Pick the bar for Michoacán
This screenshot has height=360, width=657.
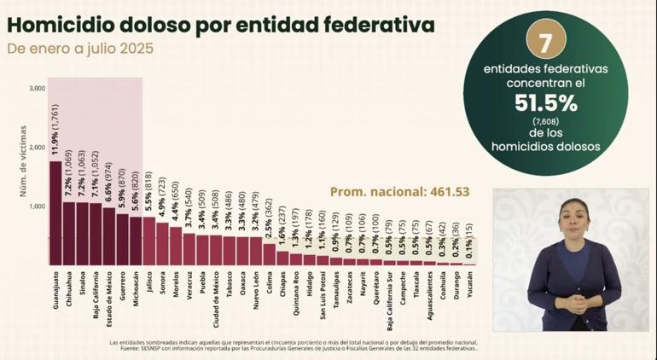pyautogui.click(x=136, y=241)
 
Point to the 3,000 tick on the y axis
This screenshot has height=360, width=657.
pyautogui.click(x=37, y=88)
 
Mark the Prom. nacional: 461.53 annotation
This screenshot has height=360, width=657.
pyautogui.click(x=399, y=192)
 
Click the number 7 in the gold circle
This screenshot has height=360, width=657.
pyautogui.click(x=546, y=42)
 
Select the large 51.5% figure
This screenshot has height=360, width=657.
pyautogui.click(x=546, y=104)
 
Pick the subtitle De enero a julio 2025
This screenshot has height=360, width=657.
pyautogui.click(x=81, y=49)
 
